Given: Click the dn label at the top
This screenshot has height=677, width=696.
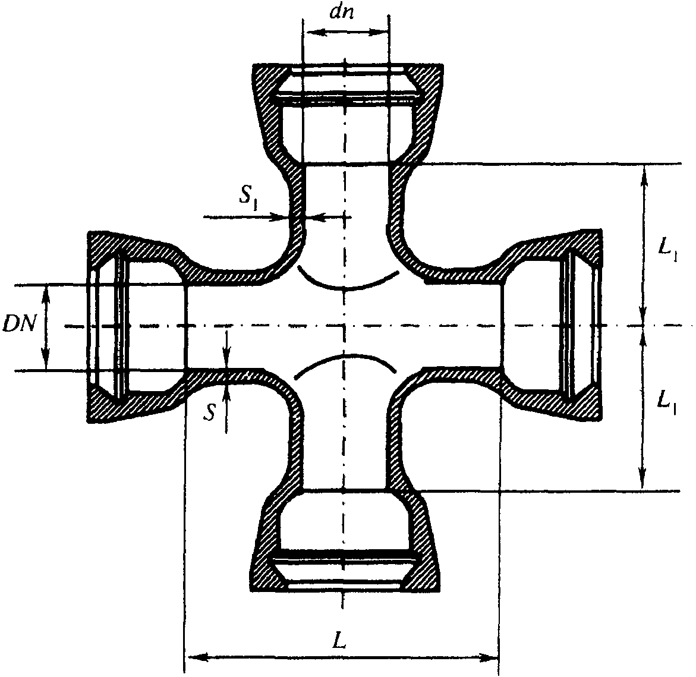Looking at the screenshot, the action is [x=342, y=12].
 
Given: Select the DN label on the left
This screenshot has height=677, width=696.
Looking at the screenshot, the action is [x=18, y=325].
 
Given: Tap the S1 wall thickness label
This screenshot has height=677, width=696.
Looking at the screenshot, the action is [x=250, y=197].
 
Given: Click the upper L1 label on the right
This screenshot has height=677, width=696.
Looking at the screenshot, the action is [x=666, y=251].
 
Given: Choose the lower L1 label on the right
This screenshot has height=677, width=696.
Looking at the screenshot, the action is [x=666, y=403].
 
